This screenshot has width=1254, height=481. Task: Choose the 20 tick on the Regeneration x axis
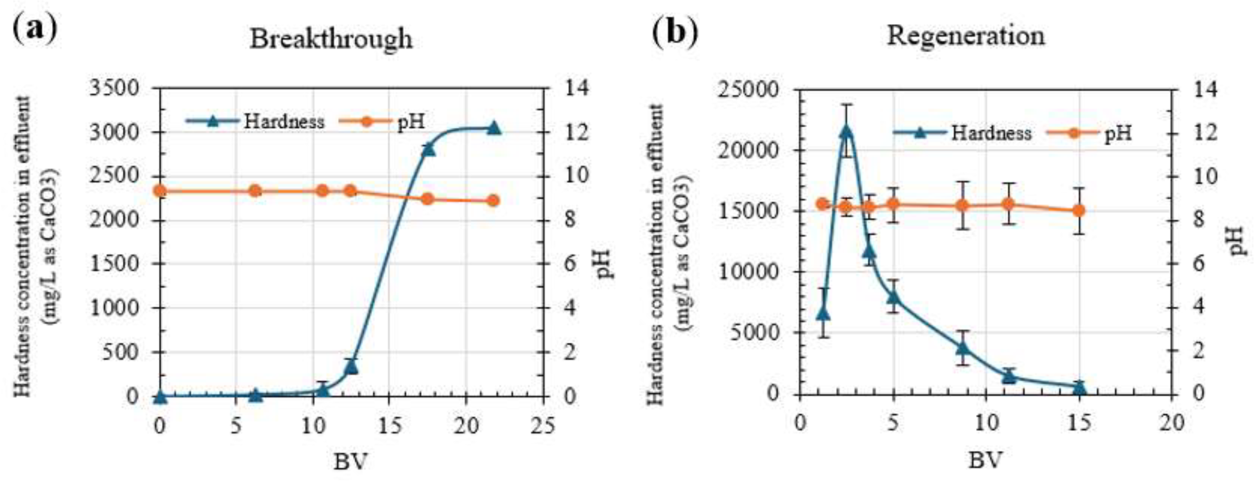click(1171, 423)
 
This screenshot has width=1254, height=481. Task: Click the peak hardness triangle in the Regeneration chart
click(847, 131)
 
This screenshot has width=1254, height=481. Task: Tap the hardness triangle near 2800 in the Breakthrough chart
click(428, 149)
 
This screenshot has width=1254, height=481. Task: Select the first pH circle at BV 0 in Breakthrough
click(159, 191)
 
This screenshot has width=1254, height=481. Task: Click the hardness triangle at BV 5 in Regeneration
click(893, 297)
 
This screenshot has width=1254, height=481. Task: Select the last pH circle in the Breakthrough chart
click(493, 201)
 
